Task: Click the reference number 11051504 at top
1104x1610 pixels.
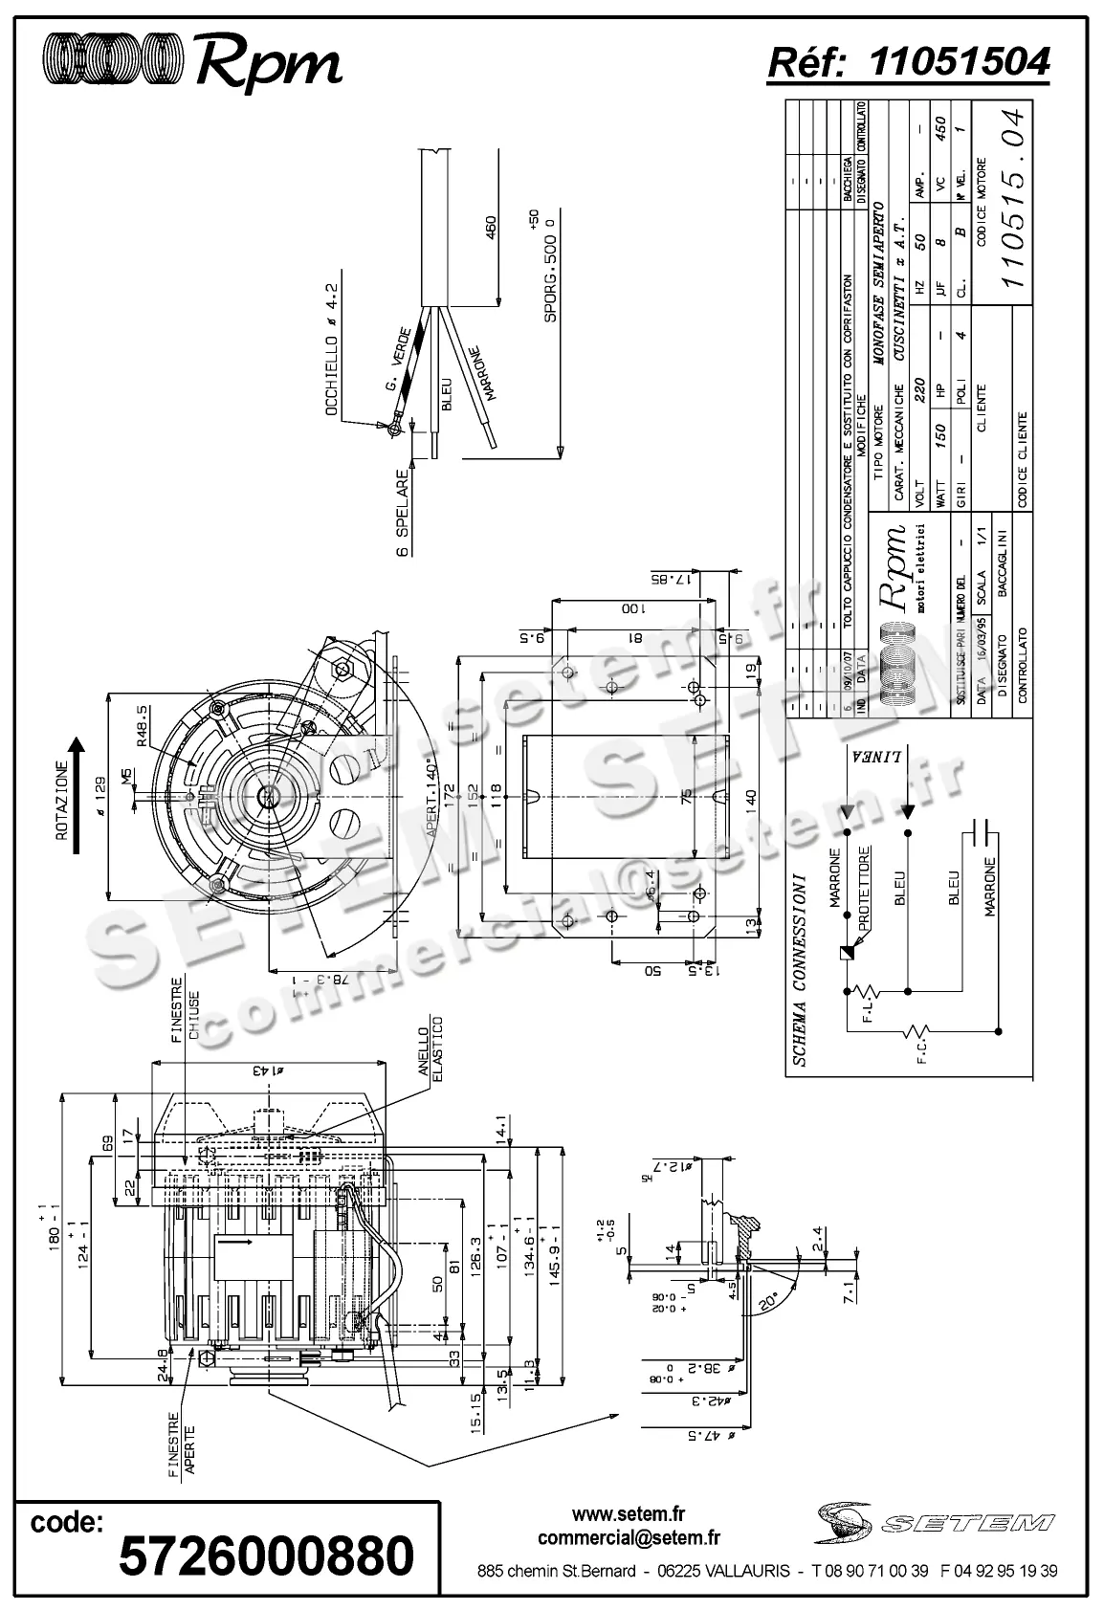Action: point(960,62)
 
